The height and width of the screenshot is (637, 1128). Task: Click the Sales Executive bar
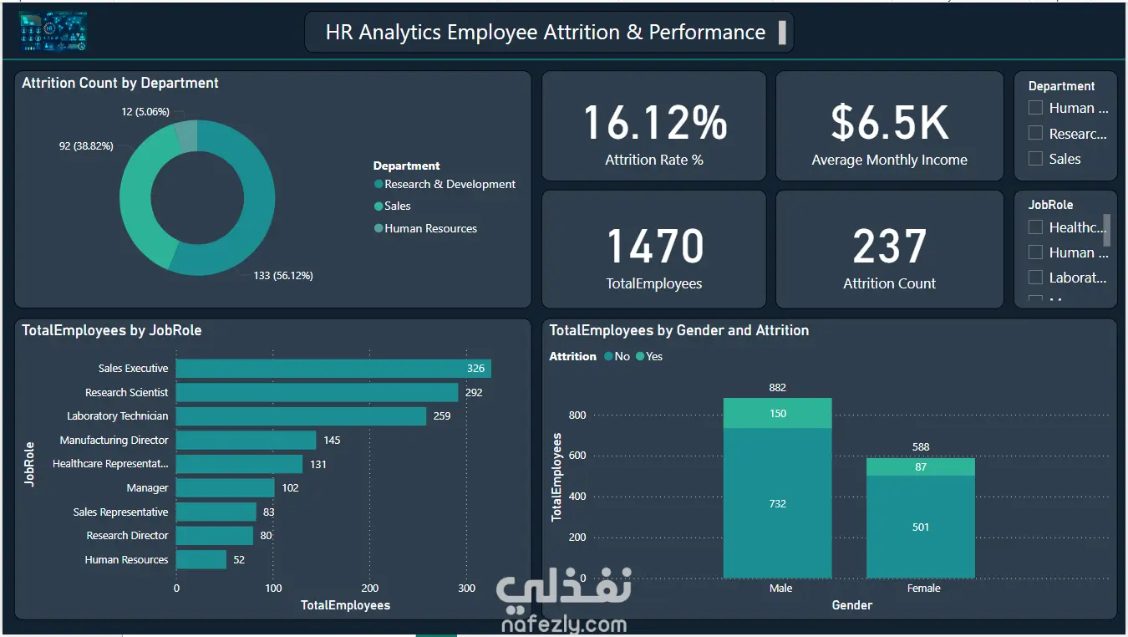333,369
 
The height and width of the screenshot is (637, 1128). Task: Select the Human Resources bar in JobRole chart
201,559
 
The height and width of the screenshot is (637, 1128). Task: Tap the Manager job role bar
225,488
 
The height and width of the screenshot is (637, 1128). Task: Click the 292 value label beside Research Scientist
474,393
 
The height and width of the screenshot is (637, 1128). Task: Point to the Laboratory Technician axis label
118,416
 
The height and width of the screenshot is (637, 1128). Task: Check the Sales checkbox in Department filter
1036,159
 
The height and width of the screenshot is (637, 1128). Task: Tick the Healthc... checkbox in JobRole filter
1036,227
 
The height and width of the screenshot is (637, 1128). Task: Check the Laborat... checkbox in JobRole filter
1036,278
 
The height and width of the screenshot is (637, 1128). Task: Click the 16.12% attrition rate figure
654,123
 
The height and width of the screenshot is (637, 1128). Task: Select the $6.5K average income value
889,123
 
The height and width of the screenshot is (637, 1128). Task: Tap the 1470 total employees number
654,247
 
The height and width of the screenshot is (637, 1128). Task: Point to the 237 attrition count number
889,247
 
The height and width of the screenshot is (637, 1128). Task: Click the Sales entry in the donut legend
398,206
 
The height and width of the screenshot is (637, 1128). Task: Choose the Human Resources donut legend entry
430,229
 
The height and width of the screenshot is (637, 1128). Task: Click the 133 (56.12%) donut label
283,276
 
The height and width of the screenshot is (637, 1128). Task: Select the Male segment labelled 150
778,414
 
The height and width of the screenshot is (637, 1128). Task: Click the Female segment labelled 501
920,527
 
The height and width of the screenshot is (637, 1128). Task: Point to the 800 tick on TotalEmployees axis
577,415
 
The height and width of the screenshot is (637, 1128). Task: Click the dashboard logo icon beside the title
53,32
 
